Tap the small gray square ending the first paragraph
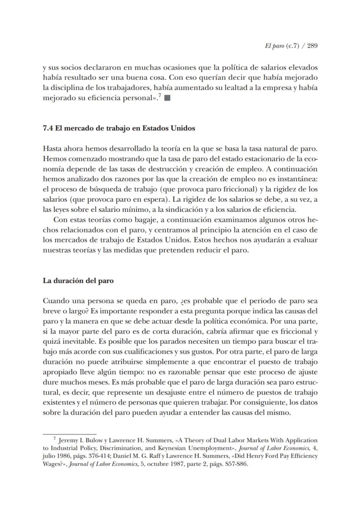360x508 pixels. point(167,98)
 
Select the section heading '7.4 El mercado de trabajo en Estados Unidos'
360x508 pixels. point(119,129)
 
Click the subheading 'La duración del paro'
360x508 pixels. point(78,281)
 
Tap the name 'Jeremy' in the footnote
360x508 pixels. point(68,440)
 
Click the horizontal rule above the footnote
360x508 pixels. point(63,433)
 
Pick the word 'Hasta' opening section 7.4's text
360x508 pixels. point(52,149)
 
